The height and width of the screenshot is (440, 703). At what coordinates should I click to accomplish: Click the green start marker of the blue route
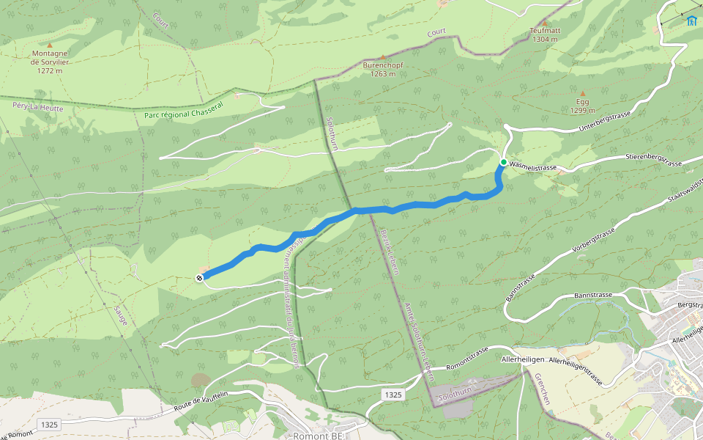[x=504, y=162]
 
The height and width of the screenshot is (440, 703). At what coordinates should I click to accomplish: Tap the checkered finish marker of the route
[x=199, y=277]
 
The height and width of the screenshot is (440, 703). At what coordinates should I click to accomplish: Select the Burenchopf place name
[x=383, y=65]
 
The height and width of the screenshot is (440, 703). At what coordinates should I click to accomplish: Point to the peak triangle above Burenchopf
[x=382, y=56]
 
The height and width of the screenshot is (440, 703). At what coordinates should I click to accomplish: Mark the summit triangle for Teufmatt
[x=544, y=23]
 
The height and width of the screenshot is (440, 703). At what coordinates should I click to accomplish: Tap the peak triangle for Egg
[x=583, y=94]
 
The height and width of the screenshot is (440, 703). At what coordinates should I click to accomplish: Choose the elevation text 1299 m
[x=583, y=111]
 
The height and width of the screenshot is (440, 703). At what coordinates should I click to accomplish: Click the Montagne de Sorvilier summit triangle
[x=50, y=45]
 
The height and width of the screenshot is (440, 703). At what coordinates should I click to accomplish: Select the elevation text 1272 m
[x=46, y=70]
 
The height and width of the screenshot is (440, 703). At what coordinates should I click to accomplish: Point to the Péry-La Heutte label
[x=38, y=108]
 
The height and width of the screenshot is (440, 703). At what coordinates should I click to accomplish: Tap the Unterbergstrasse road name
[x=605, y=122]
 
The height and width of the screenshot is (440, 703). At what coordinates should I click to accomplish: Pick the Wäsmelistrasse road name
[x=533, y=168]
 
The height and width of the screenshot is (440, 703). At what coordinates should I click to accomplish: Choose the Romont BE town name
[x=318, y=436]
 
